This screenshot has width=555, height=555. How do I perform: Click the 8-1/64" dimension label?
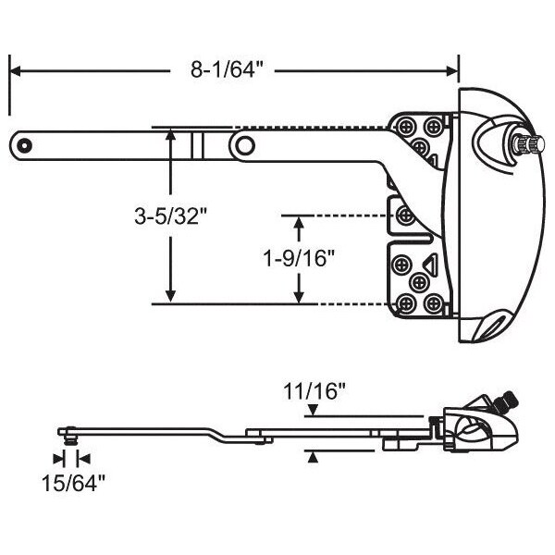coord(228,69)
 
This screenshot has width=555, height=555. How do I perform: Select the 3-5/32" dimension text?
coord(170,216)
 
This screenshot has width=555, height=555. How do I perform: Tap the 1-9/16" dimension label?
coord(299,258)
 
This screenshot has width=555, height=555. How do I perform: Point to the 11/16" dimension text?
coord(314,391)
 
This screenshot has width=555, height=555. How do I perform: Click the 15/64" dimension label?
coord(74,483)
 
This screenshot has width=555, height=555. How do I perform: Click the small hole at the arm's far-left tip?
coord(25,145)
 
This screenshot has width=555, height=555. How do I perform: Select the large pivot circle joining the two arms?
coord(245,145)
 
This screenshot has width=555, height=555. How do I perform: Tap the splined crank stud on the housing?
coord(529,143)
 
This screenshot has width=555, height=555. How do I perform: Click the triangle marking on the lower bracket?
coord(430,264)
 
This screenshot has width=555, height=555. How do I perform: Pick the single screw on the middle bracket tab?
coord(406,216)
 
